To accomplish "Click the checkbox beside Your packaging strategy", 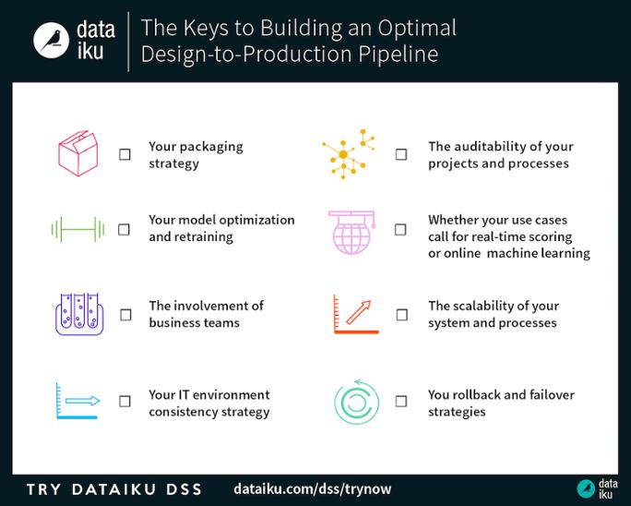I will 125,155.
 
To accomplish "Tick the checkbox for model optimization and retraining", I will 125,229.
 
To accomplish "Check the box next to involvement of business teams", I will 125,315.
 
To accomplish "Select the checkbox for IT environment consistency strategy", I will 125,402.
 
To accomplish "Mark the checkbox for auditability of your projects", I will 401,154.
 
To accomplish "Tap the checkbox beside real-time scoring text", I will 400,229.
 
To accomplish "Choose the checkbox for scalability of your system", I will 401,315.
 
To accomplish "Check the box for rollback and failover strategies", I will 400,402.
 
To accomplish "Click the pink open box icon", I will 77,152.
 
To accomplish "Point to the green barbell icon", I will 77,229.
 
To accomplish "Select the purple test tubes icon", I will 78,314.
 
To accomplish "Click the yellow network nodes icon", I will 349,154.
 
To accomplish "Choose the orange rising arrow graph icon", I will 355,315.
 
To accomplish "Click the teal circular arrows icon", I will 355,403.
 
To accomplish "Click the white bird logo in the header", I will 53,40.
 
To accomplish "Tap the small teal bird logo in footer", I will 585,488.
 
